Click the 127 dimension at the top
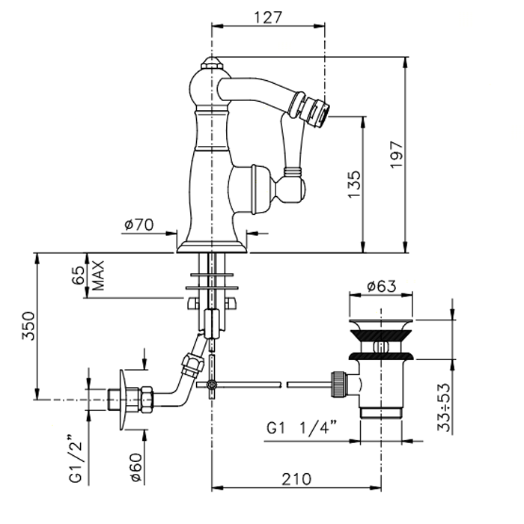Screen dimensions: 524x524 click(267, 16)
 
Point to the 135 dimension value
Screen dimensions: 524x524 click(354, 184)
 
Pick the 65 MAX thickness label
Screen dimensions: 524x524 click(88, 276)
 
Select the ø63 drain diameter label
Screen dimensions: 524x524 click(381, 286)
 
